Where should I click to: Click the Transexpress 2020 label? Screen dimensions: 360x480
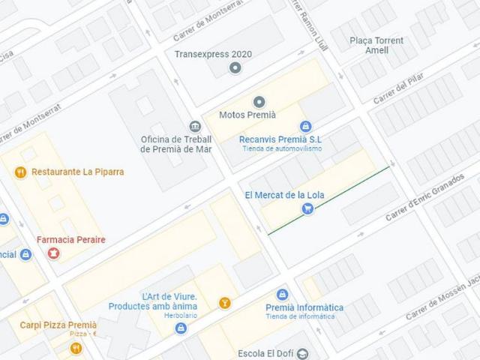[x=213, y=54]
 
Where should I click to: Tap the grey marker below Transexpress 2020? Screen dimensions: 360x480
[x=235, y=69]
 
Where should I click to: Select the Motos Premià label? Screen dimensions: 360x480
[x=247, y=115]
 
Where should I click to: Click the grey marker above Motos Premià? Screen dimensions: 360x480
[x=259, y=102]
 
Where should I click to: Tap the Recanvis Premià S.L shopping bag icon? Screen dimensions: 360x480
[x=304, y=127]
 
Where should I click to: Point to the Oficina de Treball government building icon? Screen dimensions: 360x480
[x=195, y=126]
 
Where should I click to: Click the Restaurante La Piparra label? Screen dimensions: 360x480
[x=78, y=172]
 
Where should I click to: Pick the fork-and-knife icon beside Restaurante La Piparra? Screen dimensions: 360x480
[x=20, y=172]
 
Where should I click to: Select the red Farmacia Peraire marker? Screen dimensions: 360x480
[x=53, y=253]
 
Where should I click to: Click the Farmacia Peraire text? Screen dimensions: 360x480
[x=71, y=240]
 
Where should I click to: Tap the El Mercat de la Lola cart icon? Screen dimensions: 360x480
[x=307, y=208]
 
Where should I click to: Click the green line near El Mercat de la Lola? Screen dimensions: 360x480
[x=330, y=200]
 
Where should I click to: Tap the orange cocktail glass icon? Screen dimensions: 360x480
[x=223, y=303]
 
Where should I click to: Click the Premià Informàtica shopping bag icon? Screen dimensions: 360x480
[x=282, y=295]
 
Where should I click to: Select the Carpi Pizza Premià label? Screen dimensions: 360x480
[x=58, y=325]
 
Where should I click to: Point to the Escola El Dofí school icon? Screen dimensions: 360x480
[x=302, y=353]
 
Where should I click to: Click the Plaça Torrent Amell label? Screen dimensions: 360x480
[x=376, y=45]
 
